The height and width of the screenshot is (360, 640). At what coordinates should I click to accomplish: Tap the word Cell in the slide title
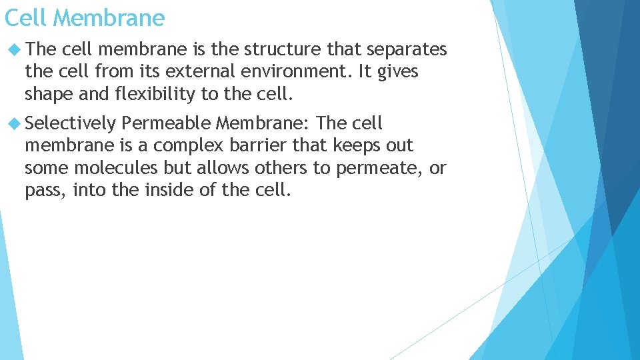pyautogui.click(x=25, y=17)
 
